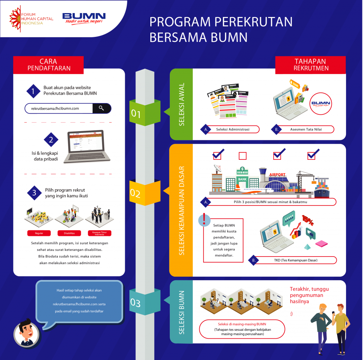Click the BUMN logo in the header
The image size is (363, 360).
(84, 18)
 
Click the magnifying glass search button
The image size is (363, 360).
(101, 108)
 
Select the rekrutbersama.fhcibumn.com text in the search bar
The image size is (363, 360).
(55, 108)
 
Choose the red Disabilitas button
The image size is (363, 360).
(69, 233)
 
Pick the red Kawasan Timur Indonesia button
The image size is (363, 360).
(99, 234)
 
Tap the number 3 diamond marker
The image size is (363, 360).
(34, 193)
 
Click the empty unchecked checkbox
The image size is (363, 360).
(243, 156)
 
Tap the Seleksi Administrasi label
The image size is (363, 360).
(233, 129)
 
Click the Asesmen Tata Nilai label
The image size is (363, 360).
(303, 129)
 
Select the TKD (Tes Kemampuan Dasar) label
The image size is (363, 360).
(296, 260)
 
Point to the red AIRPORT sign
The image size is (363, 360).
(277, 175)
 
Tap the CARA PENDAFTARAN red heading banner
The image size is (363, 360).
(49, 65)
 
